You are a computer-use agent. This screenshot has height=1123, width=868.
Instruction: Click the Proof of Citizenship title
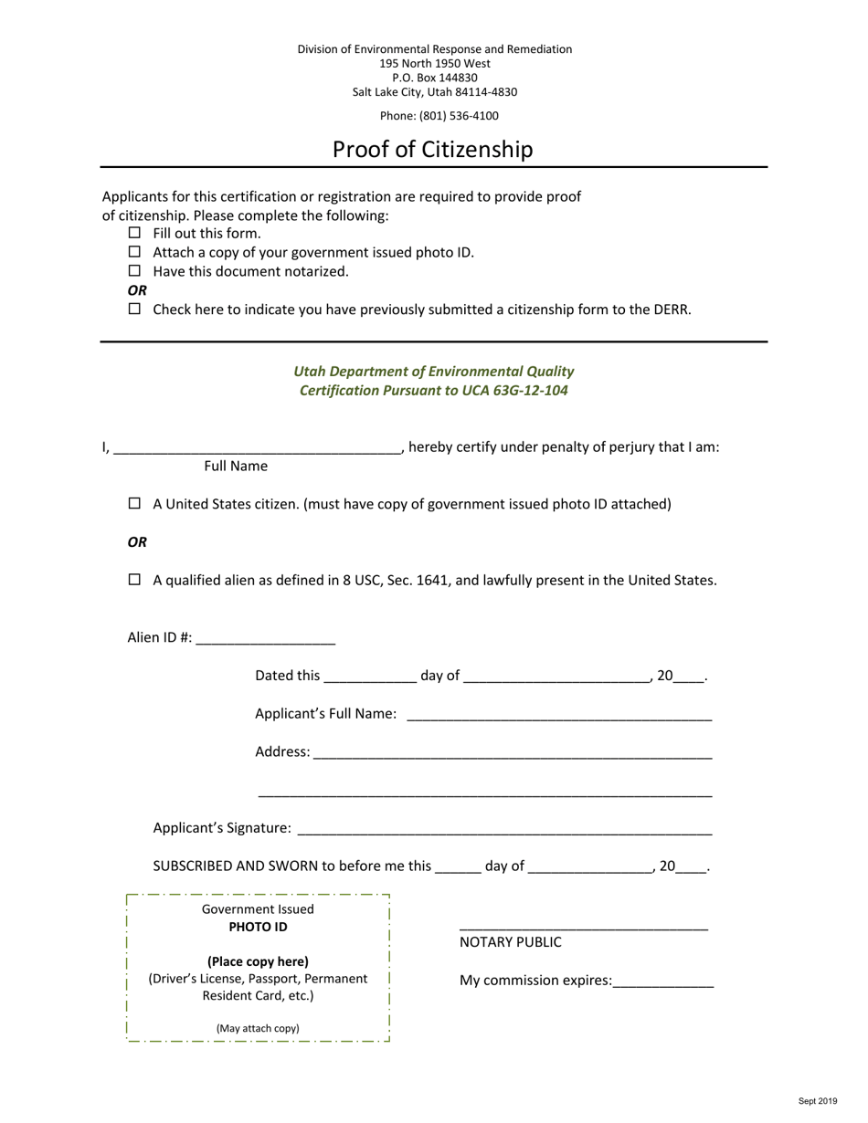click(432, 149)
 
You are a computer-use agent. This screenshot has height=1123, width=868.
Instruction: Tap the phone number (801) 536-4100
click(459, 116)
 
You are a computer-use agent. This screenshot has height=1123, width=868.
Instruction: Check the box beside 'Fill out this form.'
click(135, 233)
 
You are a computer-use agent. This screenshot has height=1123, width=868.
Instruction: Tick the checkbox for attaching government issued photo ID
click(135, 252)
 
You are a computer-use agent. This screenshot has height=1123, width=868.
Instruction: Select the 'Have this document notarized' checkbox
click(135, 271)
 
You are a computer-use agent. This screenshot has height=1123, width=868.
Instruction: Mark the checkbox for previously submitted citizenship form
click(135, 309)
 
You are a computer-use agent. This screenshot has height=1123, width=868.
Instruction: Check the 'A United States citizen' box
click(135, 503)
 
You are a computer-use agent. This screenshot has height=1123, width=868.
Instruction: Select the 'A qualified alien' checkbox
click(135, 579)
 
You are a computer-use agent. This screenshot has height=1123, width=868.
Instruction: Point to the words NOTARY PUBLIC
click(511, 942)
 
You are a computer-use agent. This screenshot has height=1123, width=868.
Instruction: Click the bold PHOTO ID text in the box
click(258, 927)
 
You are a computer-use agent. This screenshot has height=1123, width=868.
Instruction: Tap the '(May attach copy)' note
click(258, 1028)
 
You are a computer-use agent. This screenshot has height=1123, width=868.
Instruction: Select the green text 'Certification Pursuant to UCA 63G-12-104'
click(434, 391)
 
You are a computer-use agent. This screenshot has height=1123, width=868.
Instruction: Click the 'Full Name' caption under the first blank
click(236, 466)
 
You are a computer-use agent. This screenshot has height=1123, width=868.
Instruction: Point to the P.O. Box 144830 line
click(435, 78)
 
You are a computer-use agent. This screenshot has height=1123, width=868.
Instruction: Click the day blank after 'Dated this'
click(370, 677)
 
